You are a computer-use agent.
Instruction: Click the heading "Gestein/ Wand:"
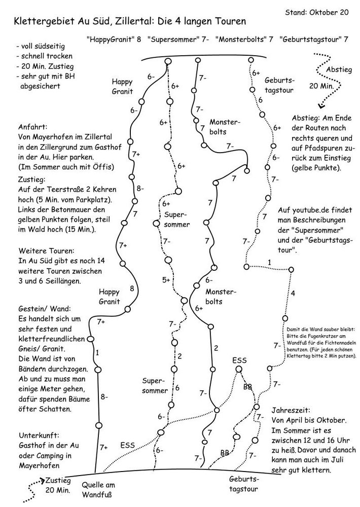pyautogui.click(x=45, y=309)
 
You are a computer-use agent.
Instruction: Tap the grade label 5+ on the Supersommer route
pyautogui.click(x=166, y=280)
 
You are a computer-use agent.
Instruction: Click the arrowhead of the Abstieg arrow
pyautogui.click(x=320, y=106)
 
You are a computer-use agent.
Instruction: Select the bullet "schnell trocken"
pyautogui.click(x=46, y=56)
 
